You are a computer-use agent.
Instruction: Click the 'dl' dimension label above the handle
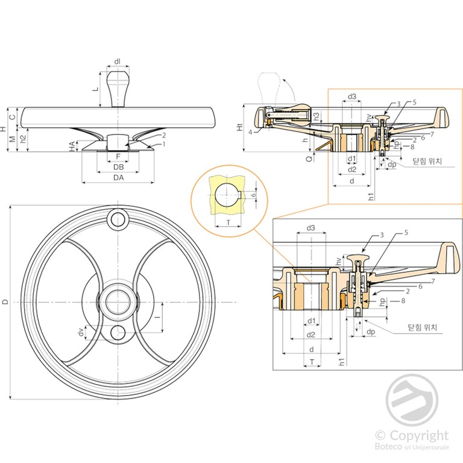pos(118,61)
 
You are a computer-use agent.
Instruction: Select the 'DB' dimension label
pos(118,167)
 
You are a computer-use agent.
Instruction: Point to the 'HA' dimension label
pos(72,146)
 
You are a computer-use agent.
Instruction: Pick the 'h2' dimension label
pos(22,140)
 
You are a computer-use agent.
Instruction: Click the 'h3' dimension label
pos(317,116)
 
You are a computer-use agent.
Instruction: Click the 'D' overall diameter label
pos(5,301)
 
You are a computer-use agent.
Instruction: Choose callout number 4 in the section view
pos(250,132)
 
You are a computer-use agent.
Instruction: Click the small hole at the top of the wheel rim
pos(118,217)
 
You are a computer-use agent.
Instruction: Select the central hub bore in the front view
pos(118,301)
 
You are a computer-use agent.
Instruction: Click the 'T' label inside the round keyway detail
pos(227,222)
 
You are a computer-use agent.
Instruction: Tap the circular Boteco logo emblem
pos(413,401)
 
